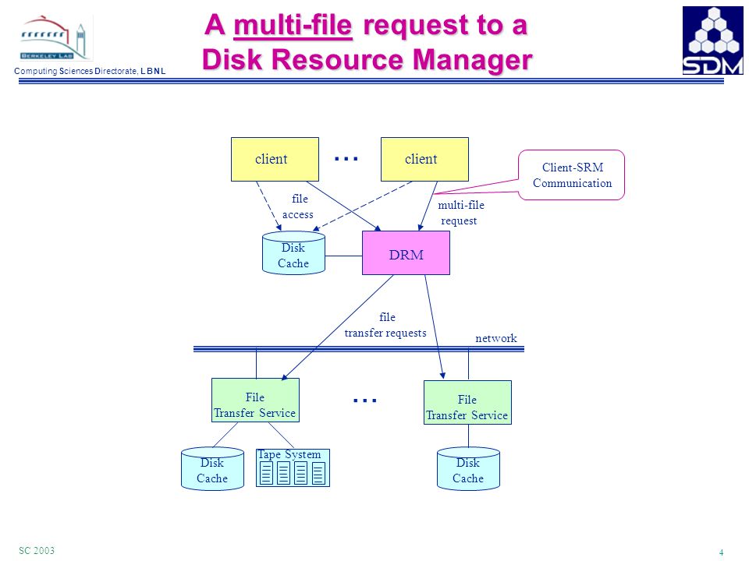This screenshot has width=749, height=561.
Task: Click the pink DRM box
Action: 406,252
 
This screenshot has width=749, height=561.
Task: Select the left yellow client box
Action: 275,159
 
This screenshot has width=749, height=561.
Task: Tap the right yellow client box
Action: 424,159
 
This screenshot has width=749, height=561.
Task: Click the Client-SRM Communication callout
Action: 571,175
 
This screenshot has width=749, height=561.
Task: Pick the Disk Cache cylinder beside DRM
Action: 294,253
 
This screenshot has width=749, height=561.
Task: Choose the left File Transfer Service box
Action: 256,400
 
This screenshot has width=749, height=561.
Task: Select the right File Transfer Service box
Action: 467,403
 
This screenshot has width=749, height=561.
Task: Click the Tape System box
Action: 293,467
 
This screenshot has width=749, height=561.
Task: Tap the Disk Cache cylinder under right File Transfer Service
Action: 469,468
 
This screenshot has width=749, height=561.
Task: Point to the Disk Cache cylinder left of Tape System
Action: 212,468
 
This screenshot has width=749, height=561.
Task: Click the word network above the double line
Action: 496,338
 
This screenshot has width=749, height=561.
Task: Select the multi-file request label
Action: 460,213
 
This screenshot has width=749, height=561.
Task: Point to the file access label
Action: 299,206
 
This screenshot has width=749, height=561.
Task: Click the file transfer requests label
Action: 386,325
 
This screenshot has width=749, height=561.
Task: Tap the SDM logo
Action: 712,41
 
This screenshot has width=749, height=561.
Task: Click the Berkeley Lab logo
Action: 56,38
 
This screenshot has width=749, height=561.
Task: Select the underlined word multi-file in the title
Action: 293,25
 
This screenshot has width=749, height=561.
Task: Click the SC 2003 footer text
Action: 37,550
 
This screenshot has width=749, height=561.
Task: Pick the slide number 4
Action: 721,552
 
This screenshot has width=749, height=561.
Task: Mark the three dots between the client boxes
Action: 346,158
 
